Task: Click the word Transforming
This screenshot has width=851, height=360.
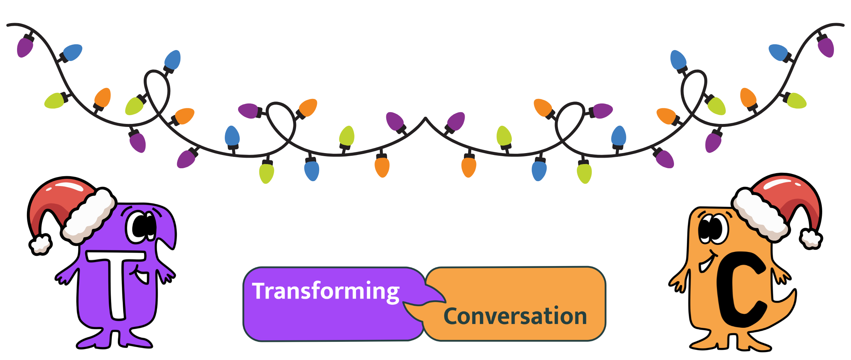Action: click(325, 291)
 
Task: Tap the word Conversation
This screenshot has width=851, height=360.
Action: click(515, 316)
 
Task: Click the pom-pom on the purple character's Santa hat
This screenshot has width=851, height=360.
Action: click(40, 244)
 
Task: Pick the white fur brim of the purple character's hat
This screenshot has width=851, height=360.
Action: click(89, 216)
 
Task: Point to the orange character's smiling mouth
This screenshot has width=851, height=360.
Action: click(706, 263)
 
